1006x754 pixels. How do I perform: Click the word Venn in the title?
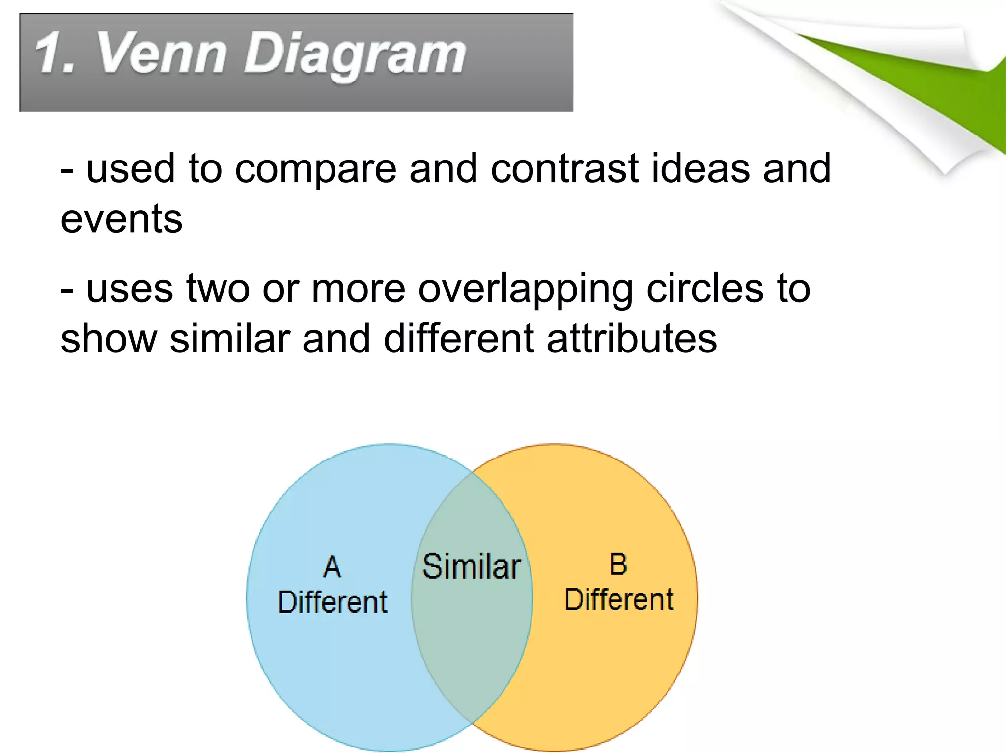click(x=162, y=53)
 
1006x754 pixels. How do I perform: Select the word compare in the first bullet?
click(x=315, y=170)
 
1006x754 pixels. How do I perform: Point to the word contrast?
click(x=565, y=169)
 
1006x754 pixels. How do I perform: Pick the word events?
click(x=121, y=219)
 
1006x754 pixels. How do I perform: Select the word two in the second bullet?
click(x=218, y=290)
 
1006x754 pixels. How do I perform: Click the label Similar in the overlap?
click(x=471, y=566)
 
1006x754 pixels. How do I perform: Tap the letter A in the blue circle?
click(x=332, y=567)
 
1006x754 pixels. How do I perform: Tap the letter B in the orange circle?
click(x=618, y=565)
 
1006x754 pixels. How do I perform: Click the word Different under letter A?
click(x=333, y=602)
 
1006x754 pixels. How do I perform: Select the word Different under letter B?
click(x=619, y=599)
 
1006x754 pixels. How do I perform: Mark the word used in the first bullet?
click(x=130, y=169)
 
